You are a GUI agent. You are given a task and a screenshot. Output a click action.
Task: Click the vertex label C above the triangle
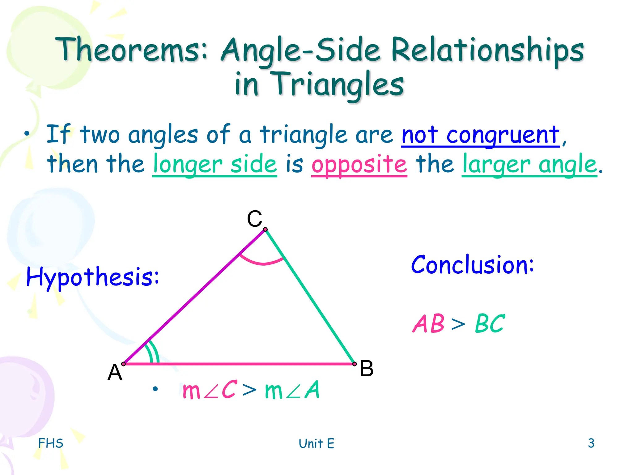[254, 219]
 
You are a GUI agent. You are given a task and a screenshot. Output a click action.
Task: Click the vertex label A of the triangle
[115, 372]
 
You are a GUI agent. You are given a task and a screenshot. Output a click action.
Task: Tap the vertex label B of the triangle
[367, 368]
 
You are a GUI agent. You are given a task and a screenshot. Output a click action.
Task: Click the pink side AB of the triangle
[238, 364]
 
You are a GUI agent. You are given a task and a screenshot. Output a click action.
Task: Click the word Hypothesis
[92, 276]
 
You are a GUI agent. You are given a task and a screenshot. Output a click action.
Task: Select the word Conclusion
[472, 265]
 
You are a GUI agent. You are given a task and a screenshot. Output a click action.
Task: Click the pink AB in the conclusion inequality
[429, 323]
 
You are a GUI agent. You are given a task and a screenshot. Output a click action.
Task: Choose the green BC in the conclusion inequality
[490, 323]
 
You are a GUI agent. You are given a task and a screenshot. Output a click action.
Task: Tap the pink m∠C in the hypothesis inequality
[210, 390]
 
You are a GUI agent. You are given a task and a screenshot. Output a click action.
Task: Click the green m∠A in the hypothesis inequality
[292, 390]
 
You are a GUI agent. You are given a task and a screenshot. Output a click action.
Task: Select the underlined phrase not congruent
[480, 135]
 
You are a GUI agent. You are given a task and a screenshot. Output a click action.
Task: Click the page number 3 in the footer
[591, 443]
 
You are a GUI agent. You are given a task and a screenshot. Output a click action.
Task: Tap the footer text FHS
[51, 443]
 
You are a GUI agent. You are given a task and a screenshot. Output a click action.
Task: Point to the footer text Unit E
[316, 443]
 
